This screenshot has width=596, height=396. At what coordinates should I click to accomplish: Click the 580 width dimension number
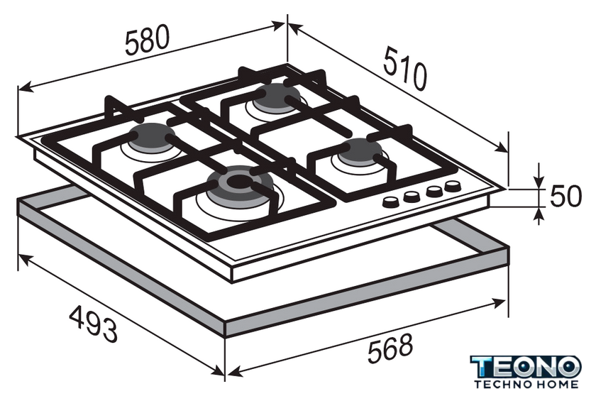tap(147, 40)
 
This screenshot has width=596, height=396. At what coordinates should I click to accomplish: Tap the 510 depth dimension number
tap(405, 68)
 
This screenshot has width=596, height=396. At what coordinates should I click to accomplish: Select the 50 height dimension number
tap(565, 196)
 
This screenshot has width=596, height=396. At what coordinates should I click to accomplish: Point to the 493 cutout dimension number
tap(94, 324)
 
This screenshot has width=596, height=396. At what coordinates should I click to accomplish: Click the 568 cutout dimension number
tap(390, 348)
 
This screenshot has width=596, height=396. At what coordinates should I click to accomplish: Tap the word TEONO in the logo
tap(526, 368)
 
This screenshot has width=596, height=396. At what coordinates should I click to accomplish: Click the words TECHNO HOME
tap(526, 384)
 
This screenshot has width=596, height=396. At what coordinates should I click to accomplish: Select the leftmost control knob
tap(390, 202)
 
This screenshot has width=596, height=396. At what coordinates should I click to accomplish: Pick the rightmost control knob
tap(453, 186)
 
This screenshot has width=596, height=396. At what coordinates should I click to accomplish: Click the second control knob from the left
tap(412, 197)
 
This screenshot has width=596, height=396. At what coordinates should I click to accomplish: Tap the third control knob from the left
tap(434, 191)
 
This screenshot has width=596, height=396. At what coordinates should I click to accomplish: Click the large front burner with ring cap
tap(240, 183)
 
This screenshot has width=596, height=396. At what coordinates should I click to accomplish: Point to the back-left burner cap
tap(152, 137)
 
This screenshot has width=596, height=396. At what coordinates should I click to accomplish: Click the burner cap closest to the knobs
tap(360, 151)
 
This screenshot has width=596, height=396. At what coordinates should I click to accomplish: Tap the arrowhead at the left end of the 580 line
tap(24, 89)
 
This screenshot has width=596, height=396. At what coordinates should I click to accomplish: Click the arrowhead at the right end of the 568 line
tap(499, 302)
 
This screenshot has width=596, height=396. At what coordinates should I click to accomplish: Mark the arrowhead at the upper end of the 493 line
tap(25, 259)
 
